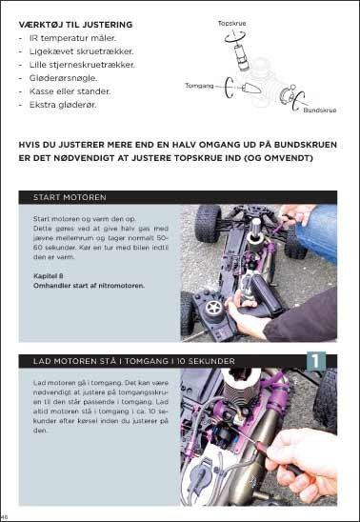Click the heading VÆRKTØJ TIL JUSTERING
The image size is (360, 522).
click(75, 25)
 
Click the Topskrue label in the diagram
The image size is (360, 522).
click(231, 23)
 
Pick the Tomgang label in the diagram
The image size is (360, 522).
click(199, 86)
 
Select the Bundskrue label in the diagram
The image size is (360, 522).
click(320, 110)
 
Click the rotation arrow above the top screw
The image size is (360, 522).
click(235, 36)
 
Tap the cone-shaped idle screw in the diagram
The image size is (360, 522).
click(250, 88)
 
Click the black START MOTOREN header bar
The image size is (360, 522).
click(178, 197)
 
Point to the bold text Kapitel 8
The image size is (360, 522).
click(49, 276)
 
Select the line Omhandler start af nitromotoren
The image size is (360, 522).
click(89, 286)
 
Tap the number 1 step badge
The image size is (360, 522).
click(315, 361)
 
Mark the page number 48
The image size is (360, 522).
click(4, 517)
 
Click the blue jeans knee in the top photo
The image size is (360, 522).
click(318, 233)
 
